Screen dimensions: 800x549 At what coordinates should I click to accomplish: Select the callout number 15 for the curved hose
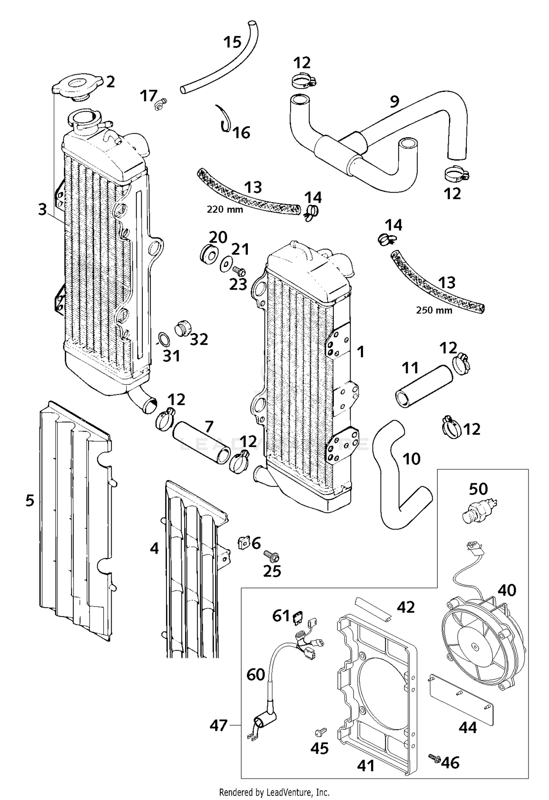[232, 42]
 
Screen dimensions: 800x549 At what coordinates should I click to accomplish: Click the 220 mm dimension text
[225, 210]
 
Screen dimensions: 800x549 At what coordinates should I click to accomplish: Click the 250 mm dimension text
[434, 310]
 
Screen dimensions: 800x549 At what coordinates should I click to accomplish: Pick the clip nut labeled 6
[243, 543]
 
